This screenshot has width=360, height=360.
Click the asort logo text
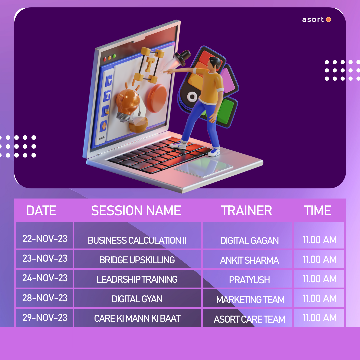point(313,20)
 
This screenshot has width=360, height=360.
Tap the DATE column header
point(41,211)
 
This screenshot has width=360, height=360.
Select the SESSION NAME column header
point(136,211)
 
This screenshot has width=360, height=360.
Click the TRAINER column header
point(246,211)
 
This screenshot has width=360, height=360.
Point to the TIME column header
point(318,211)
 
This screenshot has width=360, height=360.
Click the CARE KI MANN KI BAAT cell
point(137,318)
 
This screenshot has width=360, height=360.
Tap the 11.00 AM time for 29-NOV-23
point(320,318)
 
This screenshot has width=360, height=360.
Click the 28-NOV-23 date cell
point(45,298)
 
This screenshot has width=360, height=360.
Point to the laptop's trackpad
point(203,167)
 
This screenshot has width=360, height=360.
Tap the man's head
point(214,63)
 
